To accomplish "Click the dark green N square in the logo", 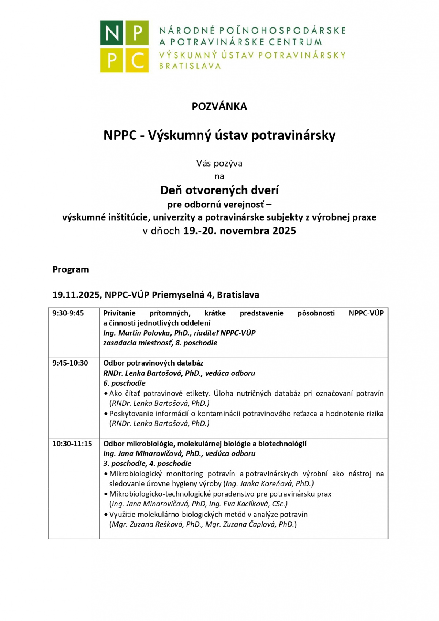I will (112, 33).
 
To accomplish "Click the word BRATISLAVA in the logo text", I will (190, 66).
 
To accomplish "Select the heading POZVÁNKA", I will (219, 106).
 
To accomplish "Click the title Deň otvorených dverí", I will (219, 190).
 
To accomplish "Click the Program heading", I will (71, 269).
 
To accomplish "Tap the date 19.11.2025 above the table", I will (76, 295).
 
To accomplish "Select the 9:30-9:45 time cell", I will (68, 313).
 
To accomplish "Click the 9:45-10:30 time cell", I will (70, 363).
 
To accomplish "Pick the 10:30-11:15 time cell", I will (72, 444).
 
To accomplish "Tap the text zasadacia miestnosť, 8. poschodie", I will (160, 343).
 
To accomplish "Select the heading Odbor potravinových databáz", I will (153, 363).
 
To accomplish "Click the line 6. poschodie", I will (124, 383).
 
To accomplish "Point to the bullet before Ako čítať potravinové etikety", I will (106, 394).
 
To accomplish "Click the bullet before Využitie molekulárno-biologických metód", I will (106, 515).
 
